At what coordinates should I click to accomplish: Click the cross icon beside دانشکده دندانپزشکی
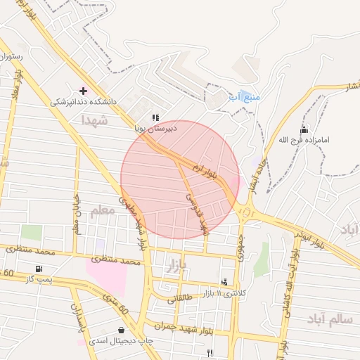84,91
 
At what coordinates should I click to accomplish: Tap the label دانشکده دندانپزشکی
83,102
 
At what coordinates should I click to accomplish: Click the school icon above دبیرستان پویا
155,117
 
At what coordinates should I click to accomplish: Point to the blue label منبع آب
244,96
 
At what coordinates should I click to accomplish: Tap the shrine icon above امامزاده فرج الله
304,129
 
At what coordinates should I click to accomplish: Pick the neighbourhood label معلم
103,210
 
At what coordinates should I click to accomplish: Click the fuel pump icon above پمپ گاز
38,269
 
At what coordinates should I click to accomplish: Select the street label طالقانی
180,298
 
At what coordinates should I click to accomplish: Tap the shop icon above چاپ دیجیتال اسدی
122,330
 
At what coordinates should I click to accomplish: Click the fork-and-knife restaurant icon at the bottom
209,353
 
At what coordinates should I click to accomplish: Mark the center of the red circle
180,179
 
